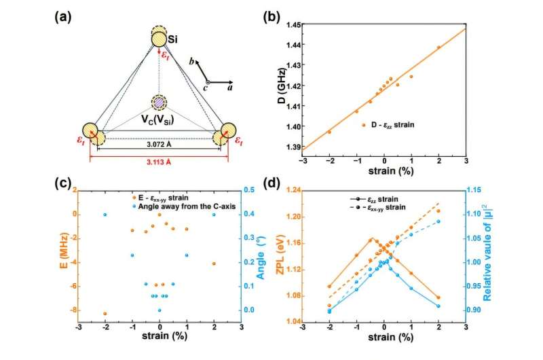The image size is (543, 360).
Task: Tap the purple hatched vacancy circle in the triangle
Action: click(x=159, y=103)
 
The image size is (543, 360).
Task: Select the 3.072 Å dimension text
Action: click(x=159, y=144)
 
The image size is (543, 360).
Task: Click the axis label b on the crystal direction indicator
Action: click(x=193, y=62)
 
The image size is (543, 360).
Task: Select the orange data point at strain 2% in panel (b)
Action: click(x=438, y=47)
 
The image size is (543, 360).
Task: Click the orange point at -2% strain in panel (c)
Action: click(x=105, y=313)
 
